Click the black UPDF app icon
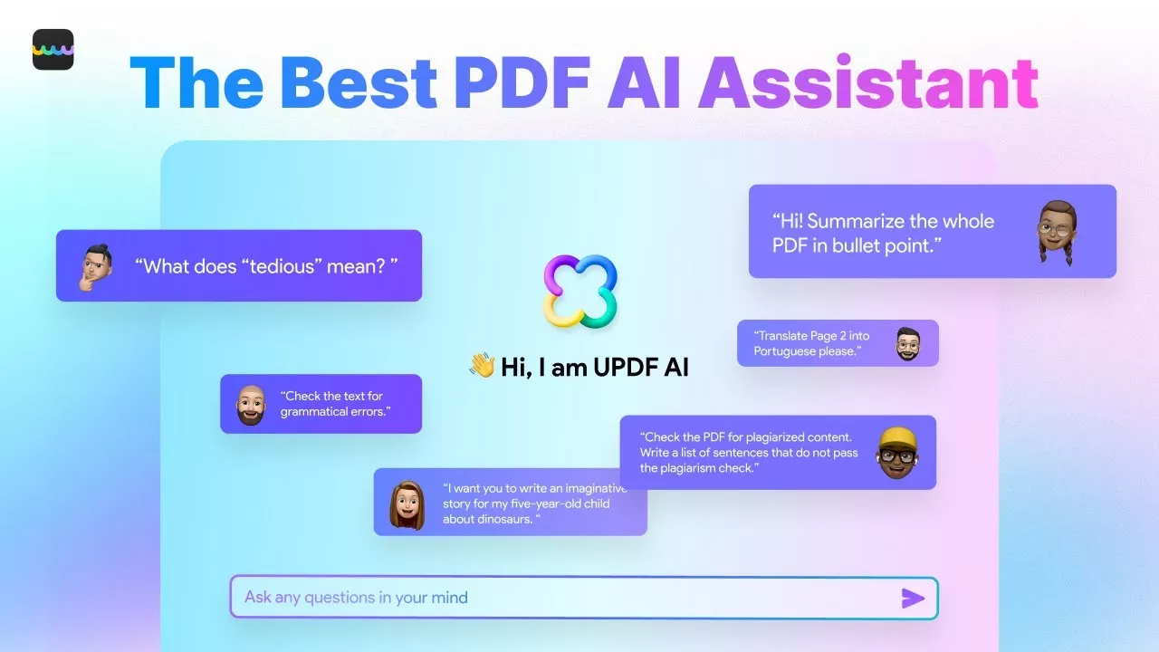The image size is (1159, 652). tap(53, 49)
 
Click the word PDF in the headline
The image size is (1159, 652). tap(522, 82)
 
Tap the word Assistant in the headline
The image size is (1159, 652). tap(868, 82)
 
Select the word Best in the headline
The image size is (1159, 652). tap(358, 82)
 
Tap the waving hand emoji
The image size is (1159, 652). tap(483, 365)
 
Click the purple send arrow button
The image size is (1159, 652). tap(912, 599)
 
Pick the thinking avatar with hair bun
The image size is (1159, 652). tap(96, 267)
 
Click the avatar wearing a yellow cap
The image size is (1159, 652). tap(897, 453)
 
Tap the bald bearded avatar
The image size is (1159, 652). tap(252, 405)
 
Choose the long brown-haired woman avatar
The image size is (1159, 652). tap(407, 505)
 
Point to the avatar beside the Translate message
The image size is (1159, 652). tap(908, 343)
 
